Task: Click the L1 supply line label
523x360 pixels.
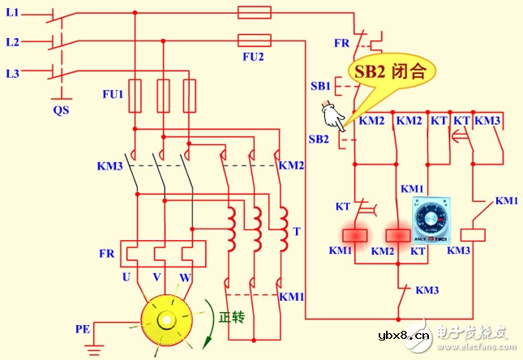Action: [x=12, y=15]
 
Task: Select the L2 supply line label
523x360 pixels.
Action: [x=12, y=41]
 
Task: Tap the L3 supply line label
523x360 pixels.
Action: [x=12, y=74]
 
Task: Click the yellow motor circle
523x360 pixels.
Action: [x=169, y=320]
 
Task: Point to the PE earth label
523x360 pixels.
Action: [x=83, y=329]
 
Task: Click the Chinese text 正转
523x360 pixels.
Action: [x=232, y=317]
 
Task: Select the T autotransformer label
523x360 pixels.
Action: [x=297, y=231]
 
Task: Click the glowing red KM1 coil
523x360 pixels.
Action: [x=354, y=235]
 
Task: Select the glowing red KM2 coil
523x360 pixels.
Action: [x=397, y=235]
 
